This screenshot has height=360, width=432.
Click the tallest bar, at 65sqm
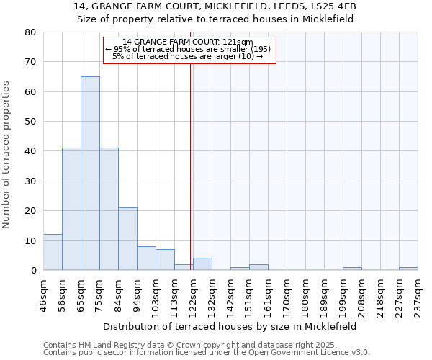[90, 173]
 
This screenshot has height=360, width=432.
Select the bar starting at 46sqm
[53, 252]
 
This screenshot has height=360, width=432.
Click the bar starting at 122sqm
[202, 264]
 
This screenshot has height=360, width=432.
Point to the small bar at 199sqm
[352, 269]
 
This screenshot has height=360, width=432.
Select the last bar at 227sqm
[408, 269]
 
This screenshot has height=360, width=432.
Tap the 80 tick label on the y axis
[30, 32]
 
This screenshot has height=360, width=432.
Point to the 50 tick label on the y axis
[30, 122]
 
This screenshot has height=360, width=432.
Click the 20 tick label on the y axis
[30, 211]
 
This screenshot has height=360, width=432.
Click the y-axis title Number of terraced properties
[7, 155]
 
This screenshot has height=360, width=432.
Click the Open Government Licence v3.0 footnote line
[207, 353]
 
